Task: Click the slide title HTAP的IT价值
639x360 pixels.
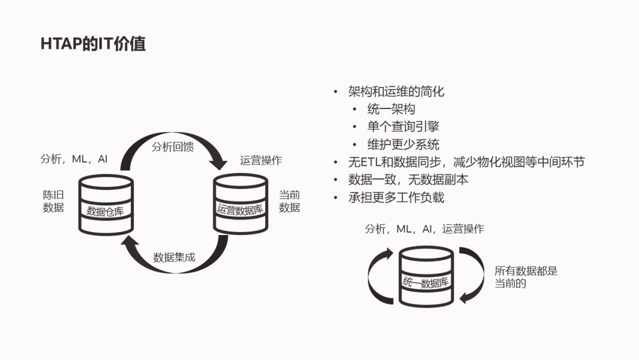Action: pos(93,44)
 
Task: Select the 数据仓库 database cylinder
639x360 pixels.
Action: pos(106,204)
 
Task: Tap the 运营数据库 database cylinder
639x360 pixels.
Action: pos(240,204)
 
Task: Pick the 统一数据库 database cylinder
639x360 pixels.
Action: pos(426,277)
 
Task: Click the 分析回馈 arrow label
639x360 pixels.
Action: pos(173,147)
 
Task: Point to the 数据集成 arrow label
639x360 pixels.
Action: pos(174,258)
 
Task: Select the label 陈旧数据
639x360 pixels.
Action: pos(53,201)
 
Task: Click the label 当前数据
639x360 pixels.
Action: pos(289,201)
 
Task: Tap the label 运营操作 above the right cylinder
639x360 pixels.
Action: pos(261,160)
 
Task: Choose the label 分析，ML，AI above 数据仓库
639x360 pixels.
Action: pos(74,159)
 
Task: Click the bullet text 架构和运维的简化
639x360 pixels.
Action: pos(396,91)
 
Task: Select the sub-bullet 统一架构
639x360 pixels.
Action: pos(391,109)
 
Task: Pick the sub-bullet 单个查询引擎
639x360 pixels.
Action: pos(403,127)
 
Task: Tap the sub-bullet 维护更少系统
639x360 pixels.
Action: pos(403,144)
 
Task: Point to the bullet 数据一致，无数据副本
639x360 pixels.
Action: pos(408,179)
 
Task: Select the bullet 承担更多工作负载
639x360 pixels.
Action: pos(396,197)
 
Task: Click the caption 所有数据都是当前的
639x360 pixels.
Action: pos(526,277)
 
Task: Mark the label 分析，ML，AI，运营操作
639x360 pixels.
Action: pos(424,229)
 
